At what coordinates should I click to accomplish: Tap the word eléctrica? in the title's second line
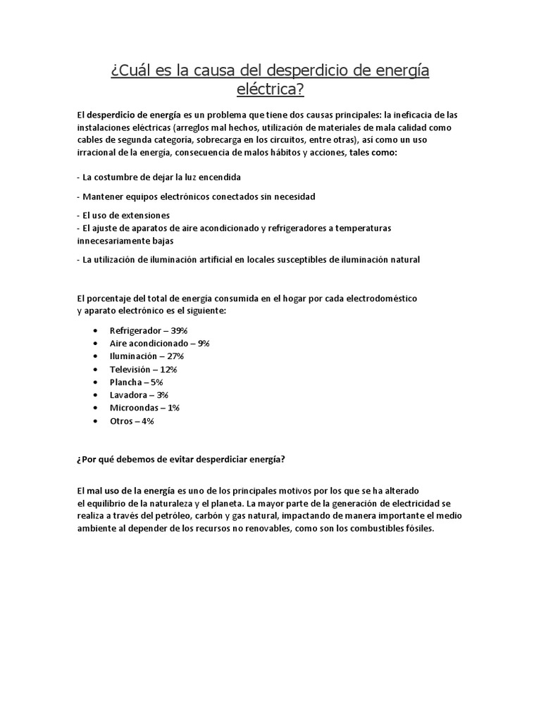270,89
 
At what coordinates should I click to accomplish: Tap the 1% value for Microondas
173,408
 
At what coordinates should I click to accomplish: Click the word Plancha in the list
127,382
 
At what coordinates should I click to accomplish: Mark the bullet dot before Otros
95,421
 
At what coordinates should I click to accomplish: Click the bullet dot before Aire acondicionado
95,343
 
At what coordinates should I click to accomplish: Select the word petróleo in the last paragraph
169,516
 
